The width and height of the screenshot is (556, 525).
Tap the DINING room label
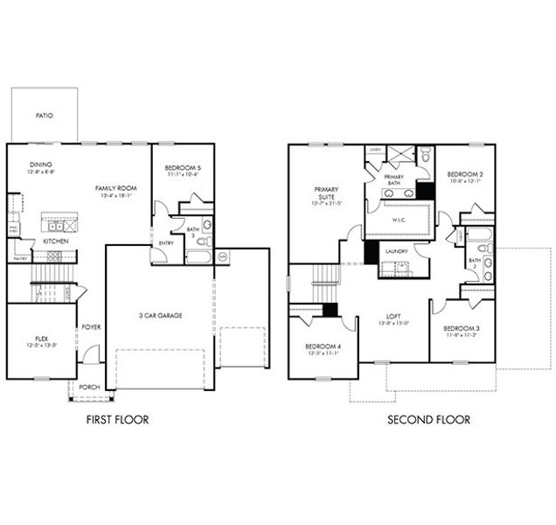[x=40, y=164]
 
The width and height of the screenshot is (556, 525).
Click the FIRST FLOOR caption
[x=117, y=420]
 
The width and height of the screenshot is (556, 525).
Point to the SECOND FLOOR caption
[x=428, y=420]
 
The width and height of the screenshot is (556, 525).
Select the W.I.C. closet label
[x=398, y=220]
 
